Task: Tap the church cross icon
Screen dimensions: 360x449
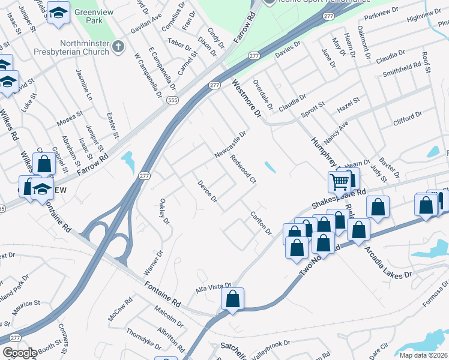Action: [119, 46]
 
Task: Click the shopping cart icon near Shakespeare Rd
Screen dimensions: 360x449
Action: [340, 181]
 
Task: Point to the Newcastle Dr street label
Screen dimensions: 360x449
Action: [231, 146]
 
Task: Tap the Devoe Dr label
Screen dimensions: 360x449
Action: [206, 190]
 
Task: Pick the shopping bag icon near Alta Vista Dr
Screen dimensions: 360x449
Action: [232, 299]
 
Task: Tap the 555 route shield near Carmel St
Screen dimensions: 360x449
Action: [173, 100]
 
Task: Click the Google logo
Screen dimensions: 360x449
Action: [19, 353]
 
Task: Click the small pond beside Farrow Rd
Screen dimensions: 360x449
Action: [127, 162]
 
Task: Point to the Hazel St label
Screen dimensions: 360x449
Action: [348, 103]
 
